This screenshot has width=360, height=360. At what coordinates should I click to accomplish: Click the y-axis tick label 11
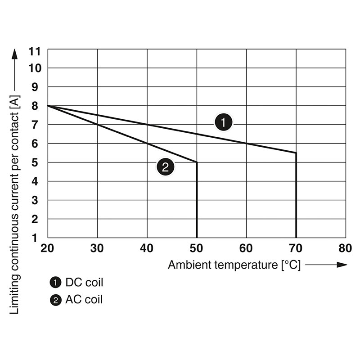pyautogui.click(x=34, y=51)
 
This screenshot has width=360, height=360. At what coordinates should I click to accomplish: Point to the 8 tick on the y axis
pyautogui.click(x=35, y=106)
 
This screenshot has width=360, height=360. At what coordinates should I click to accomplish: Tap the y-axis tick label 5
pyautogui.click(x=35, y=162)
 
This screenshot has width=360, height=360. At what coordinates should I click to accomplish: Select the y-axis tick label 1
pyautogui.click(x=36, y=238)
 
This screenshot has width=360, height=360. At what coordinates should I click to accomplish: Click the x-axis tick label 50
pyautogui.click(x=197, y=248)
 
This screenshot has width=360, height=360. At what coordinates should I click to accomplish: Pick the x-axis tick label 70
pyautogui.click(x=296, y=248)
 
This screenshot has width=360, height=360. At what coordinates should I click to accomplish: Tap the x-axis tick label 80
pyautogui.click(x=345, y=248)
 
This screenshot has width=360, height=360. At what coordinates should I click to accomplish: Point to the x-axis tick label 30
pyautogui.click(x=97, y=248)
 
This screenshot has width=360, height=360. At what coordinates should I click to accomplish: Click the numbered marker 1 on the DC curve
pyautogui.click(x=223, y=122)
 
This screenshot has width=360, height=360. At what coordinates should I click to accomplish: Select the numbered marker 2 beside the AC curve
pyautogui.click(x=165, y=168)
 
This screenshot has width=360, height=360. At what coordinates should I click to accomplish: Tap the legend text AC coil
pyautogui.click(x=84, y=299)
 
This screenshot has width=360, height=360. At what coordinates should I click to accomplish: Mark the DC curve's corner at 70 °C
pyautogui.click(x=296, y=153)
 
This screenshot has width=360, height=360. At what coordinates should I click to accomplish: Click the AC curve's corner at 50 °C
pyautogui.click(x=197, y=162)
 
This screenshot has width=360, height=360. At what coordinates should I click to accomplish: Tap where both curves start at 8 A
pyautogui.click(x=48, y=106)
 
